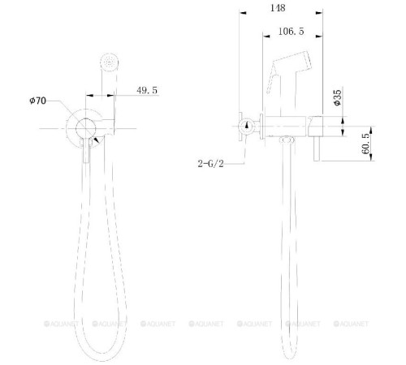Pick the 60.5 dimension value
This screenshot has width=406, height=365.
click(366, 144)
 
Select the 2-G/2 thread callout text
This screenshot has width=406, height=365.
click(210, 164)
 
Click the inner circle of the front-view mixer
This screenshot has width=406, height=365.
click(85, 129)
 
